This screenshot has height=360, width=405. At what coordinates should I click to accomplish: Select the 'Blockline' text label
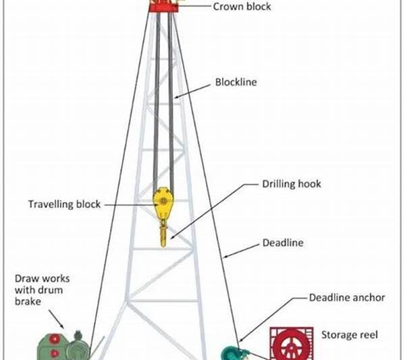click(237, 83)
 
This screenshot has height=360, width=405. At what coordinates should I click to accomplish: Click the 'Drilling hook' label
click(291, 184)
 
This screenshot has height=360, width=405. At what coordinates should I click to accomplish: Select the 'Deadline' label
click(282, 242)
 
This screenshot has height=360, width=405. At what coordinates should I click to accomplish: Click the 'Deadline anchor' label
click(347, 297)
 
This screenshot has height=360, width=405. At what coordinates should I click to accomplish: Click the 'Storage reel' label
click(348, 334)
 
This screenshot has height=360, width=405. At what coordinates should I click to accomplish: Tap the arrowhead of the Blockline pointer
click(175, 99)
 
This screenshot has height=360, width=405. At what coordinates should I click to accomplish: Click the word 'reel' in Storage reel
click(367, 334)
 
